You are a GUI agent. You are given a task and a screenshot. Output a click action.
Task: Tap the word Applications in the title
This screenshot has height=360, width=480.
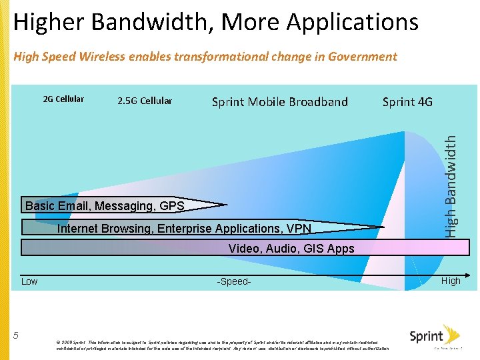[x=353, y=23]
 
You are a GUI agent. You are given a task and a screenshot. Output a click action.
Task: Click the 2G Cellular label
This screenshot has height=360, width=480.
[x=63, y=99]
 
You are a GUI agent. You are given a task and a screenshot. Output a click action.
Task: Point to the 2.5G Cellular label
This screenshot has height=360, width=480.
[x=145, y=101]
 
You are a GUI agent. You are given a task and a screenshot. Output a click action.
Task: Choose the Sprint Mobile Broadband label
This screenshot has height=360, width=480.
[x=279, y=102]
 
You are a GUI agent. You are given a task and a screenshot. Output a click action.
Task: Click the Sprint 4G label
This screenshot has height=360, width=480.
[x=407, y=102]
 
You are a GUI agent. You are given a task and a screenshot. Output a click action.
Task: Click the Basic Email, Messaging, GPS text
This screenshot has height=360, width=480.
[x=105, y=206]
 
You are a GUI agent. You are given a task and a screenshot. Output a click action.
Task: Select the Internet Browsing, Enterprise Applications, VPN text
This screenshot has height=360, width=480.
[x=185, y=229]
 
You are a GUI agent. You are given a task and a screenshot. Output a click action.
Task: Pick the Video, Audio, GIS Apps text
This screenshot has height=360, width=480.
[x=291, y=249]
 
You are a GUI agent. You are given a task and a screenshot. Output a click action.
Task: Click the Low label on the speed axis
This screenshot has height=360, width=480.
[x=29, y=281]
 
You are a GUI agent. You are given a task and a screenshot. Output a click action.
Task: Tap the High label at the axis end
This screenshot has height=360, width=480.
[x=451, y=281]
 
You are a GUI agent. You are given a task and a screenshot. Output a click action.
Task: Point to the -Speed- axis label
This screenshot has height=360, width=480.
[x=234, y=281]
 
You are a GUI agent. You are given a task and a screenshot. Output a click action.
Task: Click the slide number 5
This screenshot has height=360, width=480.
[x=16, y=335]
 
